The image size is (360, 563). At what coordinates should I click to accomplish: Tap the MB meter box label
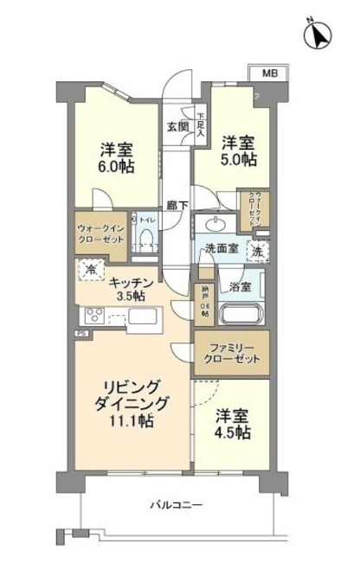click(271, 74)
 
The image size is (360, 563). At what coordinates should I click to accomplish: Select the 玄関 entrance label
click(177, 125)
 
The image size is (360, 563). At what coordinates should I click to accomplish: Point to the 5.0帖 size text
click(237, 160)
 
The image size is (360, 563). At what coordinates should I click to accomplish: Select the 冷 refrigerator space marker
click(91, 270)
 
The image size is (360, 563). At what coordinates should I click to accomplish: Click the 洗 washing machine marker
click(256, 250)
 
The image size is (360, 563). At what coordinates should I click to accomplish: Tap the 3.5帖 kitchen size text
click(132, 296)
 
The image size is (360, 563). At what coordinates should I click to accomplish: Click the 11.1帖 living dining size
click(132, 421)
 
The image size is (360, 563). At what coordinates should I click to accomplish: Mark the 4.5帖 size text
click(232, 432)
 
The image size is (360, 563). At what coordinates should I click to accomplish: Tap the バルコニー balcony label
click(176, 504)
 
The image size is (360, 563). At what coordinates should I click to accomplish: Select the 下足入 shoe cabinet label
click(201, 125)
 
